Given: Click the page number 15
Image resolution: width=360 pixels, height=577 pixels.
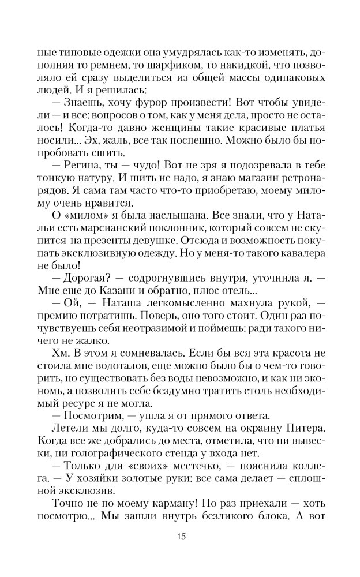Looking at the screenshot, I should coord(180,537).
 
